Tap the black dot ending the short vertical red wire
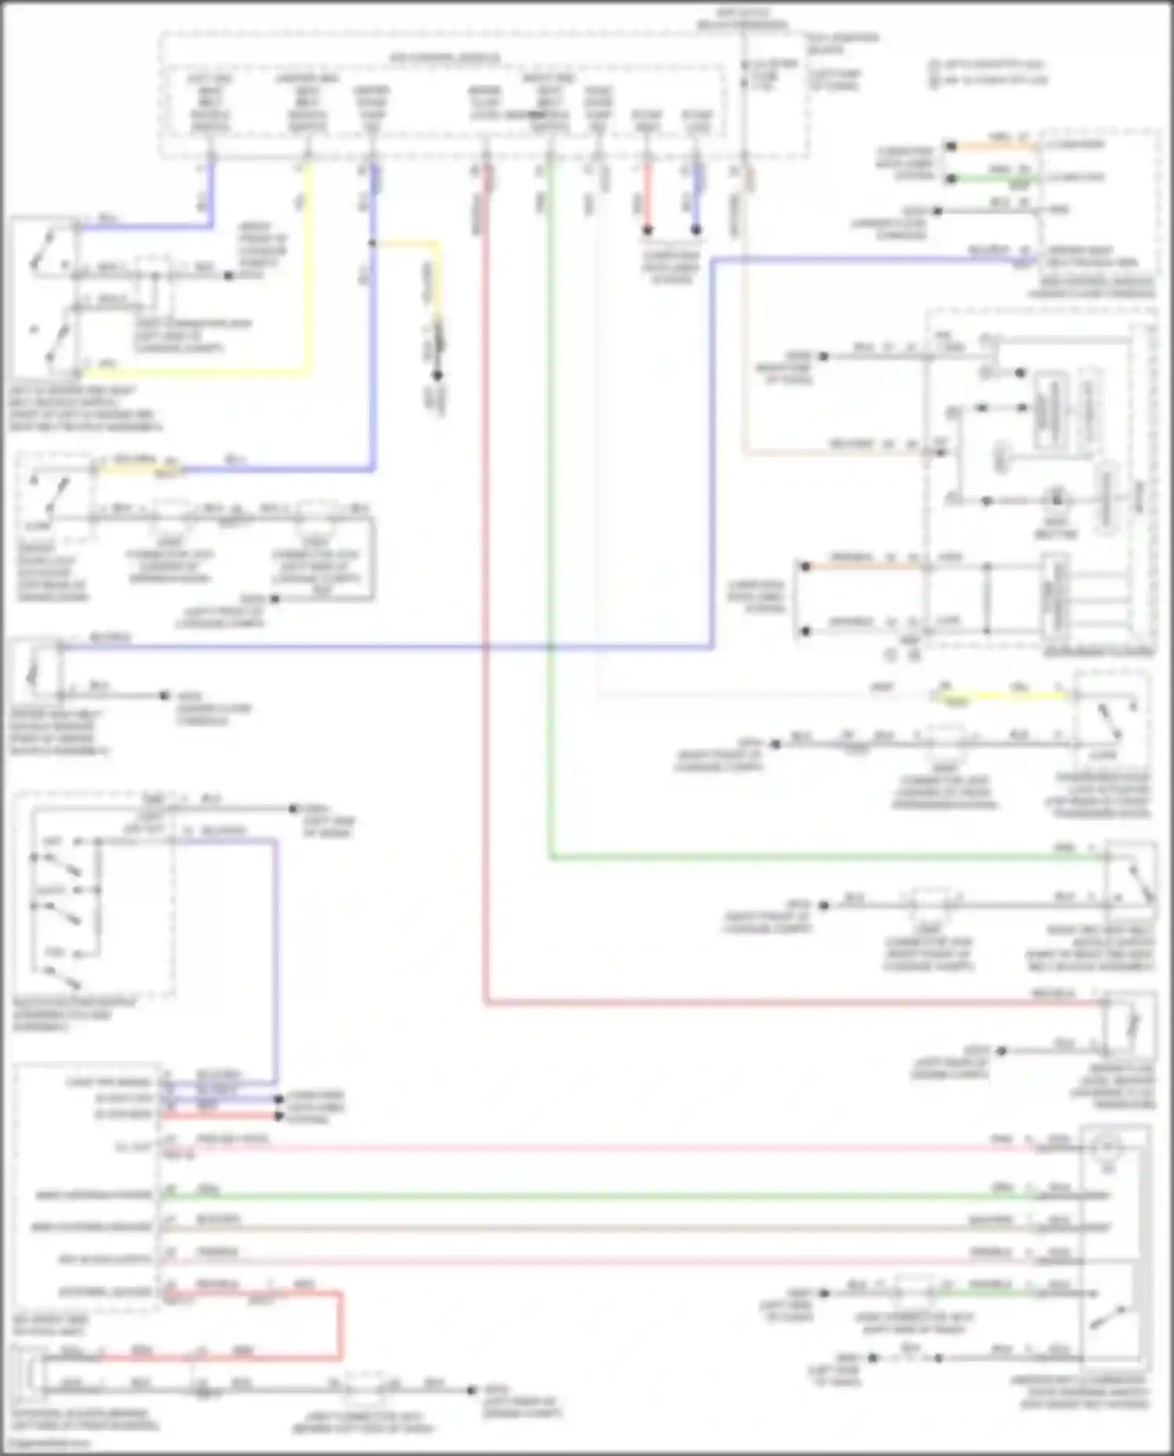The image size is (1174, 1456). pyautogui.click(x=647, y=230)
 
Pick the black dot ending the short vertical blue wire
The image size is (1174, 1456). pyautogui.click(x=696, y=230)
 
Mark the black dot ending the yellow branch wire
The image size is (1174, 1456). pyautogui.click(x=438, y=376)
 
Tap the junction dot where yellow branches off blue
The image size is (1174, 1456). pyautogui.click(x=373, y=243)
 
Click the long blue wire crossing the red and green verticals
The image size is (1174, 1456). pyautogui.click(x=391, y=647)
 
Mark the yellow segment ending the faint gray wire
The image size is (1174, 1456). pyautogui.click(x=1002, y=695)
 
